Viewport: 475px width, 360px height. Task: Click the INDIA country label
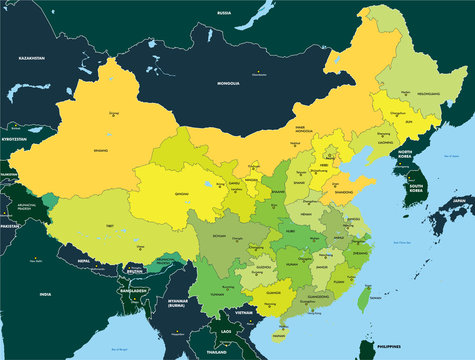[45, 295]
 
